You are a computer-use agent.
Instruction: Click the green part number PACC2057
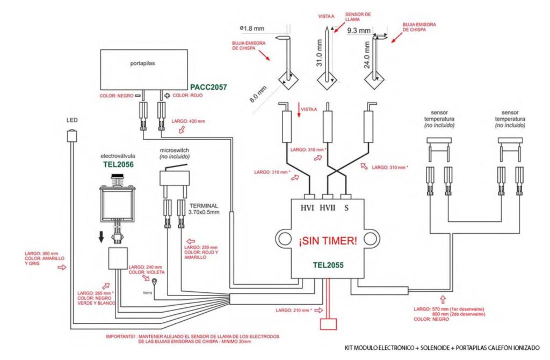click(x=208, y=86)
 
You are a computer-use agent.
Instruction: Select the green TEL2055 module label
click(x=328, y=265)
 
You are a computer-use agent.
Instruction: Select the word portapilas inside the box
click(x=142, y=63)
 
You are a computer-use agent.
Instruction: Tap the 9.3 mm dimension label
click(x=358, y=31)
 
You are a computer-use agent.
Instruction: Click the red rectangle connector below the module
click(x=328, y=324)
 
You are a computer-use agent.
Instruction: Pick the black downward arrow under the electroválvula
click(x=100, y=236)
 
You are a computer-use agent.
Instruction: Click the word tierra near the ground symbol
click(x=147, y=293)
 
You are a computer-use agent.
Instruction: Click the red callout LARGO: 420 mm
click(x=188, y=121)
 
